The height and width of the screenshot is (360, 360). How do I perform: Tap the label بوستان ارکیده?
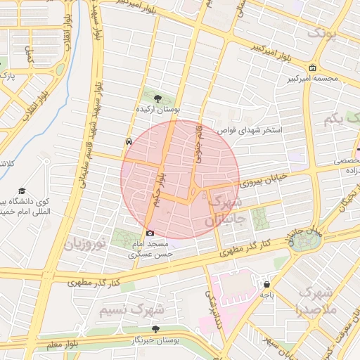click(x=158, y=110)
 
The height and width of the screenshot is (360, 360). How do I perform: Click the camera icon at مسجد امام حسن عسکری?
click(x=150, y=233)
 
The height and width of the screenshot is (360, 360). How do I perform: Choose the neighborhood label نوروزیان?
click(x=85, y=244)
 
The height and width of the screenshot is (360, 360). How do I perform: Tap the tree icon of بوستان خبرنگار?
click(x=155, y=329)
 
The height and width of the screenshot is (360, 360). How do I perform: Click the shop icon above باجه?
click(x=267, y=284)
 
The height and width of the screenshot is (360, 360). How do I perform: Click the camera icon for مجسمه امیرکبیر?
click(x=312, y=67)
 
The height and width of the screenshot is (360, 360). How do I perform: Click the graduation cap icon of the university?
click(x=22, y=191)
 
